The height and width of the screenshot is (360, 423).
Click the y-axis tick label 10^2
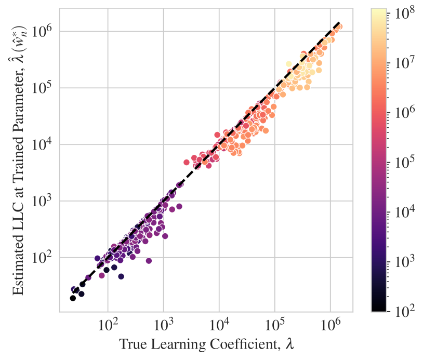[x=45, y=258]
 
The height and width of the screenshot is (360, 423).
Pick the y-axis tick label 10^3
[x=45, y=201]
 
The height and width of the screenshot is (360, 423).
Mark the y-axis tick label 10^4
[x=45, y=144]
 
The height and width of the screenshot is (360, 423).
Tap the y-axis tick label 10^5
[x=45, y=88]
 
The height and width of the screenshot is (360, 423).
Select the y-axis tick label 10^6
[x=45, y=31]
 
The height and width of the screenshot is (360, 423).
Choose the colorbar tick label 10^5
[x=404, y=161]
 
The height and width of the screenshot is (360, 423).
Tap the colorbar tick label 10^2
[x=404, y=311]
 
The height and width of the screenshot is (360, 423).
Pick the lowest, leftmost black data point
[x=73, y=298]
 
